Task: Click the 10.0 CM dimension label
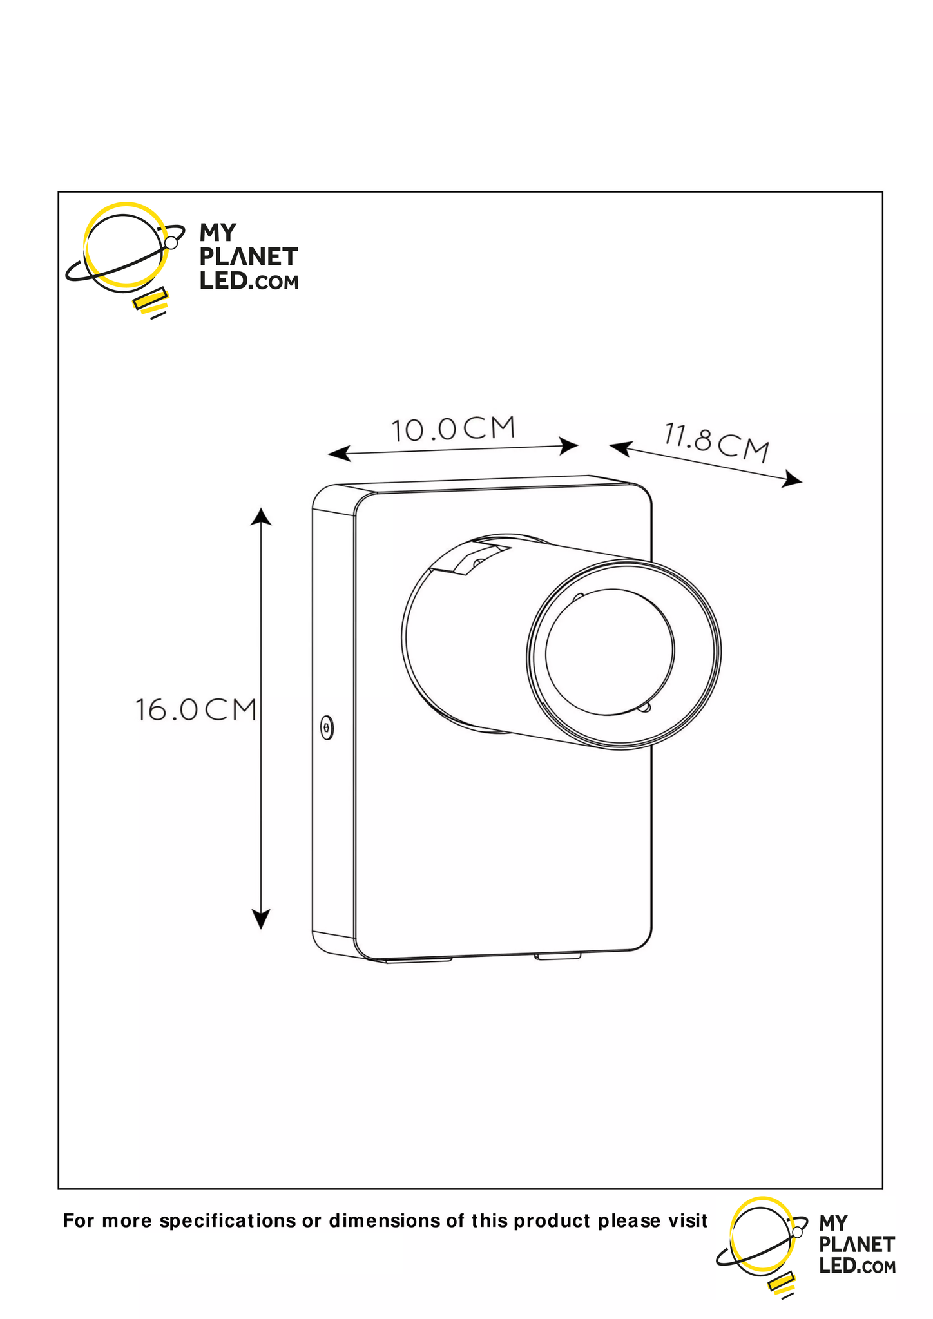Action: click(x=454, y=429)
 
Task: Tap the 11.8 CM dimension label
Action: click(x=717, y=442)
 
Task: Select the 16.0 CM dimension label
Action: click(x=196, y=710)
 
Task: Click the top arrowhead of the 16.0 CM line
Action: click(x=261, y=517)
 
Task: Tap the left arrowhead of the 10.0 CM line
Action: click(x=338, y=454)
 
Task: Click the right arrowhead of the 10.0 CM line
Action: click(x=569, y=445)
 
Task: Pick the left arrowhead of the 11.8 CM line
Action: click(x=619, y=447)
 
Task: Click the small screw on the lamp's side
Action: click(x=327, y=728)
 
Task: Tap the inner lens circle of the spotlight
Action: click(x=610, y=652)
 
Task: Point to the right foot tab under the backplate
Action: click(x=558, y=956)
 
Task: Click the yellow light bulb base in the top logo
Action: click(x=151, y=301)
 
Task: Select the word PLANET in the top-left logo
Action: click(x=248, y=257)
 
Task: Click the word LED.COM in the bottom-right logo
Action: click(x=857, y=1266)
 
